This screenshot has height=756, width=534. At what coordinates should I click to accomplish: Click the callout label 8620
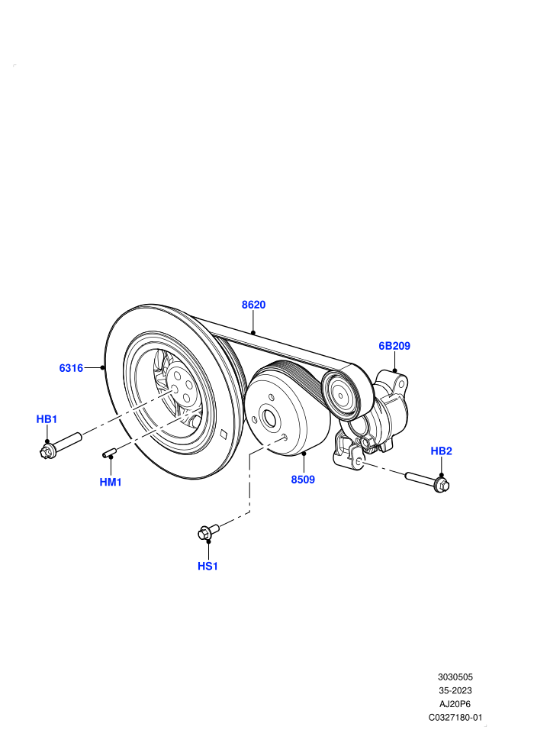click(253, 305)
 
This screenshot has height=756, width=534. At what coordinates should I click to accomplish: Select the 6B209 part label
click(394, 346)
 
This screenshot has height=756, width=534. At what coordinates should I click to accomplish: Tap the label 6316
click(71, 368)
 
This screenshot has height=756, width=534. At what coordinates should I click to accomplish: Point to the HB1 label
click(47, 419)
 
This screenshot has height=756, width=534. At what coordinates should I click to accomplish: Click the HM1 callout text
click(111, 482)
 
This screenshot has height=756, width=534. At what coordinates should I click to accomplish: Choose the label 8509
click(303, 480)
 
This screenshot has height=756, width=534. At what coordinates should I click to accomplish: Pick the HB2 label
click(441, 451)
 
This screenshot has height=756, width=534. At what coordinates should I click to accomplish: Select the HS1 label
click(208, 566)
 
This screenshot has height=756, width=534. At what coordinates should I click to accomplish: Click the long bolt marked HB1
click(61, 445)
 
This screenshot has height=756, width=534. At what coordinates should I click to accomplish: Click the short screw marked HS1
click(208, 531)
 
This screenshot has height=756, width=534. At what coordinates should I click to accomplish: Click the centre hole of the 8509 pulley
click(269, 418)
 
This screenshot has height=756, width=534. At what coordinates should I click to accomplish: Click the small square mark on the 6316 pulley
click(223, 434)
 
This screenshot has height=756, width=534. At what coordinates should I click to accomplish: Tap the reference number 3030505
click(455, 677)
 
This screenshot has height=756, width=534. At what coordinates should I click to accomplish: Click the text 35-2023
click(455, 690)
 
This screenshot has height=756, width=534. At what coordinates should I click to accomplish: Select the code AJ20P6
click(455, 704)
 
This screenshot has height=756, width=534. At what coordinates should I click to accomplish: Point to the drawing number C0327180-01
click(455, 717)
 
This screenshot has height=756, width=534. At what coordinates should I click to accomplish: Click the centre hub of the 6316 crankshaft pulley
click(181, 385)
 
